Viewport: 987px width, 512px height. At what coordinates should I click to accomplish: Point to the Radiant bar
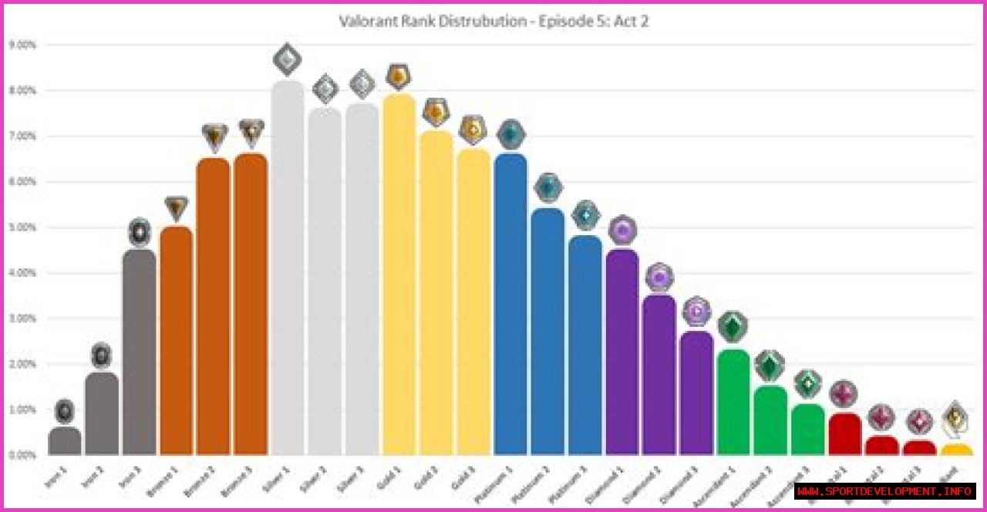coord(956,450)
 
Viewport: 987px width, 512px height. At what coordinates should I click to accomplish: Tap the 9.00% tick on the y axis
coord(22,45)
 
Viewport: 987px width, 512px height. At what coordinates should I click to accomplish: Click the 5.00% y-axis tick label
coord(22,227)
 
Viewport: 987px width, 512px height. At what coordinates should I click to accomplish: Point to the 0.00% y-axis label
coord(22,455)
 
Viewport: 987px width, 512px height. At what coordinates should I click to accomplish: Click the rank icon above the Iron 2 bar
coord(102,355)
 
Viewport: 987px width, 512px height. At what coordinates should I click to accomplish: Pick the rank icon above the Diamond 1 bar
coord(622,230)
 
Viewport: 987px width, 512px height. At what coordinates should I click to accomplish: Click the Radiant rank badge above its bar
coord(956,418)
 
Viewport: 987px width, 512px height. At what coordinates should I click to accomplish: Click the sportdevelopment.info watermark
coord(885,491)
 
